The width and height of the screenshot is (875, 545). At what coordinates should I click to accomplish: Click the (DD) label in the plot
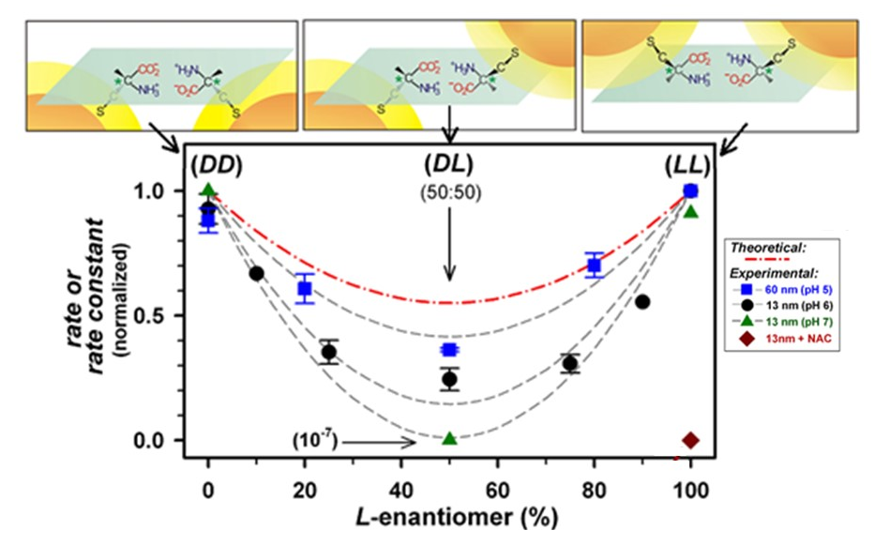215,162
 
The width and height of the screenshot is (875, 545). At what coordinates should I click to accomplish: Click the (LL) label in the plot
689,162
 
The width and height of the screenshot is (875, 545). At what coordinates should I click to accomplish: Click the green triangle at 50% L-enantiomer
449,438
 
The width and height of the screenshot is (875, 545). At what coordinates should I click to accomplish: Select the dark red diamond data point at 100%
691,440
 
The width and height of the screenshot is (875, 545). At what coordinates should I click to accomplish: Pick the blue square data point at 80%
594,265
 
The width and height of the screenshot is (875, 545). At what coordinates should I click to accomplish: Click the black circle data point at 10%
256,273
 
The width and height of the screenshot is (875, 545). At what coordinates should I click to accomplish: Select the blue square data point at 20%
305,288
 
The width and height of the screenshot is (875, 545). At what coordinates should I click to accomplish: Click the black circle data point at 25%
329,353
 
